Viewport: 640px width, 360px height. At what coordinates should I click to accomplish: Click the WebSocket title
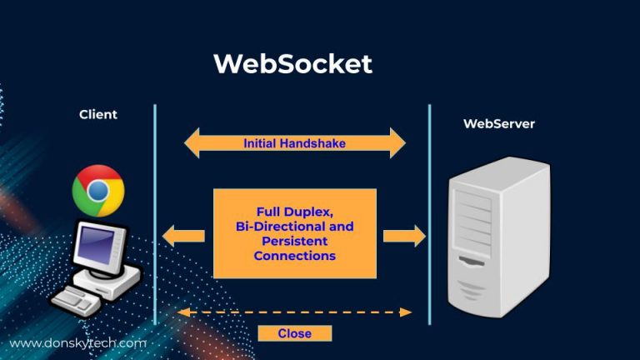(x=292, y=64)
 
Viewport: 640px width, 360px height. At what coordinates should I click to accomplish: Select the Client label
(x=98, y=114)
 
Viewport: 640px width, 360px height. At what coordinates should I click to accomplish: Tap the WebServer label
(x=498, y=123)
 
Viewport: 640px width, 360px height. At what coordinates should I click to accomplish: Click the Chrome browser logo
(x=97, y=191)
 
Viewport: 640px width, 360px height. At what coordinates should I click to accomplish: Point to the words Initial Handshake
(x=294, y=143)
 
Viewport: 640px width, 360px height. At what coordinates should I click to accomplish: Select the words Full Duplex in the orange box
(x=295, y=212)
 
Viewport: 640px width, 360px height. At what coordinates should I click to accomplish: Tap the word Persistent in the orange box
(x=294, y=241)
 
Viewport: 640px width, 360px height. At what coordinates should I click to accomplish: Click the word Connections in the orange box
(x=294, y=256)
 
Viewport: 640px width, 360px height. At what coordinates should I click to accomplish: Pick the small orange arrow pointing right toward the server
(x=404, y=235)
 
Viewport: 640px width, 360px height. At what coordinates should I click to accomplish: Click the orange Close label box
(x=294, y=333)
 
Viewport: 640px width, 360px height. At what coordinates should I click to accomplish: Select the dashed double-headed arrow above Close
(x=294, y=312)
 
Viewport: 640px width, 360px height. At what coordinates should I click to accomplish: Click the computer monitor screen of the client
(x=100, y=247)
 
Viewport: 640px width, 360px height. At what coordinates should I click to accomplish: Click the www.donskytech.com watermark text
(x=77, y=342)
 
